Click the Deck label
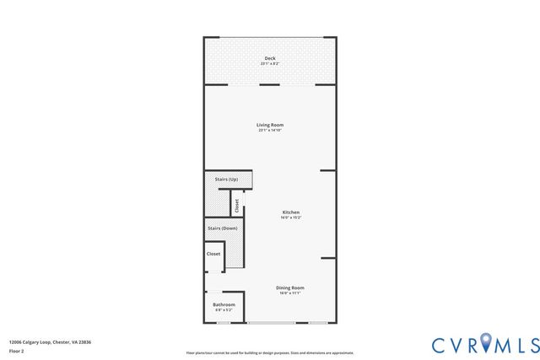pyautogui.click(x=269, y=58)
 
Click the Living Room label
pyautogui.click(x=270, y=125)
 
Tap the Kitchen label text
pyautogui.click(x=290, y=212)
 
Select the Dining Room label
pyautogui.click(x=289, y=287)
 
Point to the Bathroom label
pyautogui.click(x=224, y=304)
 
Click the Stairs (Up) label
pyautogui.click(x=226, y=180)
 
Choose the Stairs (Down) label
pyautogui.click(x=222, y=228)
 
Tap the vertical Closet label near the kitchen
pyautogui.click(x=237, y=205)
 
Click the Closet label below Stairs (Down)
pyautogui.click(x=213, y=254)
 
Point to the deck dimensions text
pyautogui.click(x=269, y=64)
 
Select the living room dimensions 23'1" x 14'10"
pyautogui.click(x=270, y=131)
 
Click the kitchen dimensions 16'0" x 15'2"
pyautogui.click(x=290, y=218)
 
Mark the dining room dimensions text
pyautogui.click(x=289, y=293)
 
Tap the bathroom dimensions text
pyautogui.click(x=224, y=310)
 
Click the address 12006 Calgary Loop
pyautogui.click(x=50, y=341)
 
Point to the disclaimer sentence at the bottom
pyautogui.click(x=270, y=352)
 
